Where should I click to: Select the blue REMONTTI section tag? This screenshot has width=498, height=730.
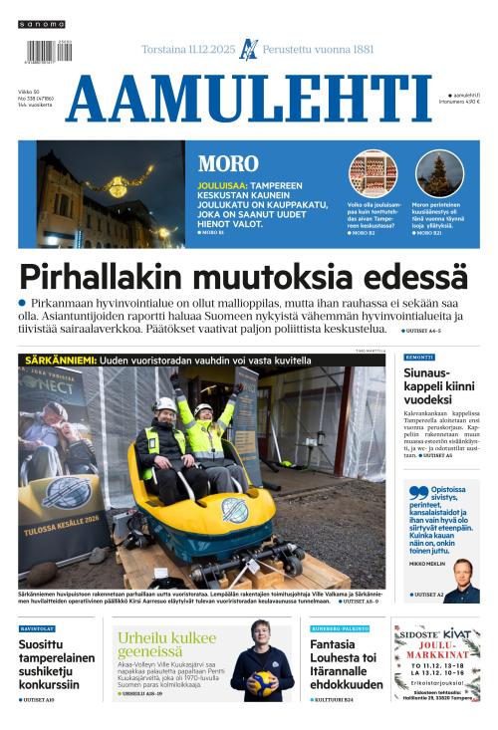click(x=418, y=357)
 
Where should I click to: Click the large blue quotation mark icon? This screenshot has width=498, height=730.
click(x=418, y=492)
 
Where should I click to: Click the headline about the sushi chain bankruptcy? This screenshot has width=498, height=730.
click(x=57, y=664)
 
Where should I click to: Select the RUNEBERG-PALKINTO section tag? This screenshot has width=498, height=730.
click(x=338, y=628)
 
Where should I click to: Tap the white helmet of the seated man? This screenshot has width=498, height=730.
click(x=166, y=404)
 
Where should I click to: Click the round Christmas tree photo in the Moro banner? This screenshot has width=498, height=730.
click(x=438, y=173)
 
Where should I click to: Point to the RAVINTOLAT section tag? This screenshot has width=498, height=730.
click(x=37, y=628)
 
